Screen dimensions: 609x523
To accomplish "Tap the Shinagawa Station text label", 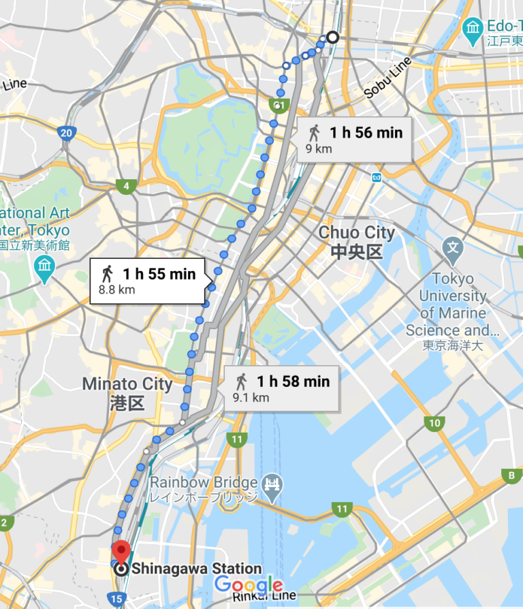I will tap(197, 569).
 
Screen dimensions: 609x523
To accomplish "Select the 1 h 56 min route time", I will tap(366, 133).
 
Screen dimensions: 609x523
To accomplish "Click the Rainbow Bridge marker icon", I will tap(272, 484).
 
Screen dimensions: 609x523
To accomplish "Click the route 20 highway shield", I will tap(66, 133).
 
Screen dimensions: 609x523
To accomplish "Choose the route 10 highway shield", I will tap(434, 424).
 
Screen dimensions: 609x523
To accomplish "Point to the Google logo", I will tap(248, 584).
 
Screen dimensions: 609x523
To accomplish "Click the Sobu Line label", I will tap(387, 80).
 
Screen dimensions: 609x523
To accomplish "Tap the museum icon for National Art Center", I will tap(45, 266).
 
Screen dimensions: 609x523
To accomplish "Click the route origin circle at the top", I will tap(332, 37).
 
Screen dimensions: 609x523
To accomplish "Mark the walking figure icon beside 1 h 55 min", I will tap(107, 274).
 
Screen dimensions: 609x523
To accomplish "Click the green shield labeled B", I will tap(510, 475).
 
